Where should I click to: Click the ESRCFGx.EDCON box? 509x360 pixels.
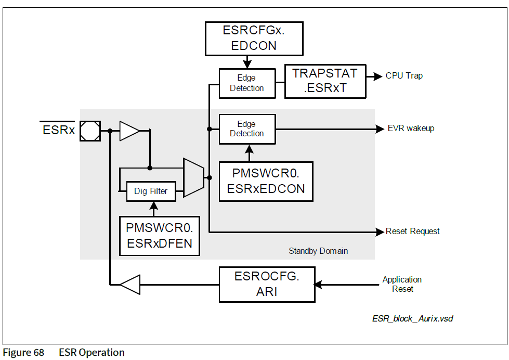click(254, 38)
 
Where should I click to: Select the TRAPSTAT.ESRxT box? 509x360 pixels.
click(325, 81)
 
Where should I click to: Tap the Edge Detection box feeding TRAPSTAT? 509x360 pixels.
click(247, 83)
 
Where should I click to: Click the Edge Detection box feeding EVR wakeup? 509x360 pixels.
click(247, 128)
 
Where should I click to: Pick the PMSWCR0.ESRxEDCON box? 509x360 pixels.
click(266, 181)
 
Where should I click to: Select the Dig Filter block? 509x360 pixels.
click(151, 191)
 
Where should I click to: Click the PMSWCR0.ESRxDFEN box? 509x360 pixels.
click(160, 235)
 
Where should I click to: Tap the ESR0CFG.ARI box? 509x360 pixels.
click(267, 284)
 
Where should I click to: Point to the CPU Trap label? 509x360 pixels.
click(404, 76)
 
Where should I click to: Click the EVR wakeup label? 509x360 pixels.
click(411, 128)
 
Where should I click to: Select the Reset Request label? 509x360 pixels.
click(412, 231)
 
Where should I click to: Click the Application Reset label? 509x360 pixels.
click(402, 284)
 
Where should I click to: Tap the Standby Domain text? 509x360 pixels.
click(318, 251)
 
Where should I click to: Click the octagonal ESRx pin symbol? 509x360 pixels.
click(91, 130)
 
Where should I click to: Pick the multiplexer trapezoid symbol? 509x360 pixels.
click(193, 178)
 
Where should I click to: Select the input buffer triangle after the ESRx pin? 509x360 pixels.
click(129, 131)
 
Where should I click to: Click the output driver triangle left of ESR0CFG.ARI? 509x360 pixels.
click(129, 285)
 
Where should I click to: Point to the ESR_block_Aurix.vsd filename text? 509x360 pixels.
click(412, 318)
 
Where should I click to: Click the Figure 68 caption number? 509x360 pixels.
click(23, 353)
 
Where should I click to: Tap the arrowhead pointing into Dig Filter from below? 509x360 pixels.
click(154, 204)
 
